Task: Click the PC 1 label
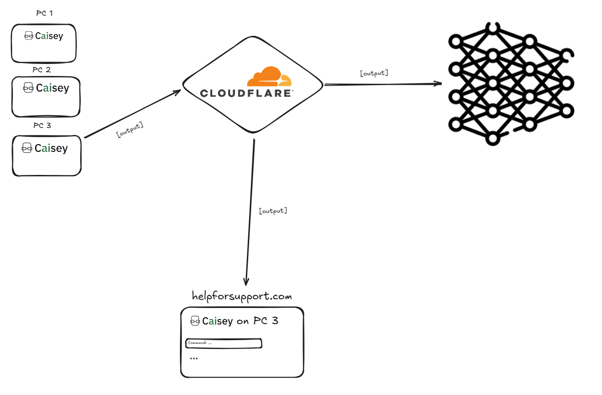tap(45, 13)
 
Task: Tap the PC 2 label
tap(42, 70)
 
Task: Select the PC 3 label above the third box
tap(42, 125)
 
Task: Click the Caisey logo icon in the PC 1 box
tap(29, 35)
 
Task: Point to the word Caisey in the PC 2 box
tap(53, 88)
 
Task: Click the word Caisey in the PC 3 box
tap(51, 148)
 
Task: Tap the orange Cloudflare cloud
tap(269, 76)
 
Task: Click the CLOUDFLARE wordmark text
tap(246, 93)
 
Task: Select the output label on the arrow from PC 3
tap(130, 129)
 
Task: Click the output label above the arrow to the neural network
tap(374, 73)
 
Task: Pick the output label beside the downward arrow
tap(273, 211)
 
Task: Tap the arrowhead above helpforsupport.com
tap(246, 282)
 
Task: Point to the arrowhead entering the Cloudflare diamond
tap(178, 92)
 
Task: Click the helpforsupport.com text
tap(242, 296)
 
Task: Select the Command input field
tap(224, 343)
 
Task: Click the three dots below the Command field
tap(194, 358)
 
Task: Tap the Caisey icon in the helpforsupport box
tap(195, 321)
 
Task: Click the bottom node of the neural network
tap(493, 139)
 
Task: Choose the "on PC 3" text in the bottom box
tap(257, 321)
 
